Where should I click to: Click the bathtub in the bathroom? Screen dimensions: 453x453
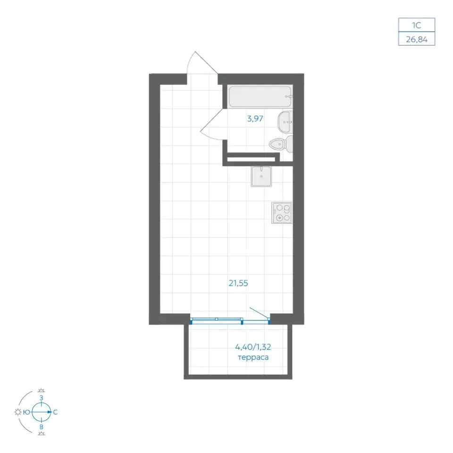[x=260, y=96]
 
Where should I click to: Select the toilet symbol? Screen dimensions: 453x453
[x=281, y=143]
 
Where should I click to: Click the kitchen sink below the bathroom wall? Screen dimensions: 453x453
[x=261, y=176]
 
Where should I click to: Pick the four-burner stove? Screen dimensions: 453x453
[x=282, y=213]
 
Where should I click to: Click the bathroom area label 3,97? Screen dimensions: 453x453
[x=255, y=118]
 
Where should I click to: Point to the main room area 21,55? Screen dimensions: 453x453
[x=238, y=283]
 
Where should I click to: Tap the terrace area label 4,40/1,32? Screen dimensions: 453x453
[x=253, y=346]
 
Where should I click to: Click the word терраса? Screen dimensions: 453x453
[x=253, y=358]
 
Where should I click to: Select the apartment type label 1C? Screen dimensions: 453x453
[x=416, y=25]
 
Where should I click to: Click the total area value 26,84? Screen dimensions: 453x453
[x=417, y=39]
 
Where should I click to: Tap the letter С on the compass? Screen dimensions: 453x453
[x=55, y=412]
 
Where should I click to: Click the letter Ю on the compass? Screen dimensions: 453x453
[x=26, y=412]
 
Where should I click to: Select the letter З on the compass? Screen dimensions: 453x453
[x=42, y=398]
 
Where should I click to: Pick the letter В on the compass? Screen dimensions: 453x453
[x=42, y=427]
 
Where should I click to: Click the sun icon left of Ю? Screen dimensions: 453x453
[x=18, y=412]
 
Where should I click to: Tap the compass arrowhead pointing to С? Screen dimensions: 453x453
[x=50, y=412]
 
